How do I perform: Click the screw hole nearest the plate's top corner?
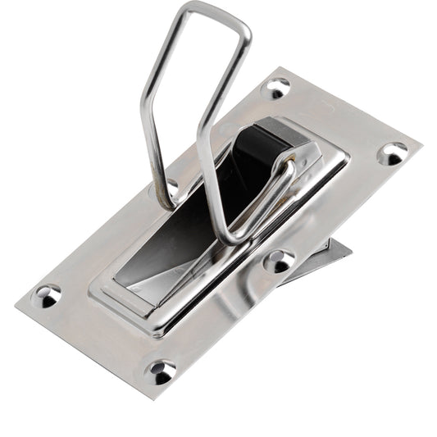tap(276, 87)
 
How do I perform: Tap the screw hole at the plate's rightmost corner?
tap(392, 152)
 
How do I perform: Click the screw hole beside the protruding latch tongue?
tap(279, 261)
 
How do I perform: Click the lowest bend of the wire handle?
tap(233, 239)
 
